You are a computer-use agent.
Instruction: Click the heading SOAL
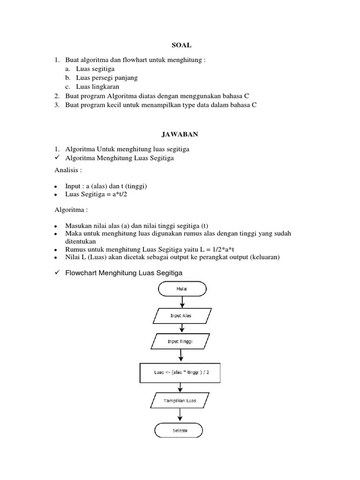[180, 45]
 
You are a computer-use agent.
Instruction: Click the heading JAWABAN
[180, 135]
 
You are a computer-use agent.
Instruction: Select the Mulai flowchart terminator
[181, 289]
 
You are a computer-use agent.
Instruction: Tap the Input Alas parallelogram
[181, 315]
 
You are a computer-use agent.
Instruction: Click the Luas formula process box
[180, 372]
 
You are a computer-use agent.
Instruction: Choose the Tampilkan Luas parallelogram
[180, 401]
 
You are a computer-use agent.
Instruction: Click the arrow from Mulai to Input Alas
[181, 302]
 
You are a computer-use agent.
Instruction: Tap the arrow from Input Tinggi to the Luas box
[180, 356]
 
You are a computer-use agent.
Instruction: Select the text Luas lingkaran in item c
[97, 87]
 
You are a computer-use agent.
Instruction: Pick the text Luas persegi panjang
[107, 78]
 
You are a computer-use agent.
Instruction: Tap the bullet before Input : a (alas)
[56, 187]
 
